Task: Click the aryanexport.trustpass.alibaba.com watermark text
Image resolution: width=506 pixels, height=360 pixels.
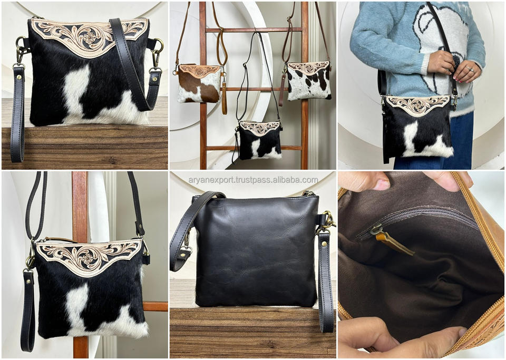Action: [x=254, y=180]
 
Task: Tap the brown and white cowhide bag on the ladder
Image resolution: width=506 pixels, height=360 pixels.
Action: [x=199, y=84]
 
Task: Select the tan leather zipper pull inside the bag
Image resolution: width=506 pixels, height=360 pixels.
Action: [x=394, y=244]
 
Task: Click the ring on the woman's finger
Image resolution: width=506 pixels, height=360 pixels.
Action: [x=471, y=69]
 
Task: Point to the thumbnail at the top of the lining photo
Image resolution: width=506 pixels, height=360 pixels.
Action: [x=382, y=184]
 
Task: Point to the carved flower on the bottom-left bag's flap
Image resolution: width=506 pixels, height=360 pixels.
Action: [x=87, y=258]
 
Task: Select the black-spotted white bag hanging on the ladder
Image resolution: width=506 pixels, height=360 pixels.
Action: [x=309, y=80]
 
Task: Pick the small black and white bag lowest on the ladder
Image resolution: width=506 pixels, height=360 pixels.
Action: [x=260, y=140]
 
